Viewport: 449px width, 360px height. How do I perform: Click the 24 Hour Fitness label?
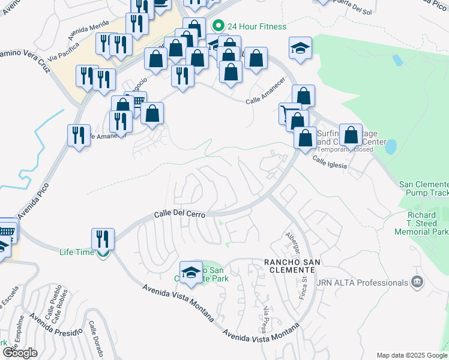(x=257, y=26)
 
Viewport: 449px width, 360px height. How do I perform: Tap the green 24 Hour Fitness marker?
(x=218, y=26)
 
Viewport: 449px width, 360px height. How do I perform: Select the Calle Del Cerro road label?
(x=179, y=214)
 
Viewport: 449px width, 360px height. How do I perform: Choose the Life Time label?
(x=77, y=252)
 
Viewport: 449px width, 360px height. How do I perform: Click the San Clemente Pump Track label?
(x=424, y=188)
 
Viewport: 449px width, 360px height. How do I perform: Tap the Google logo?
(x=20, y=353)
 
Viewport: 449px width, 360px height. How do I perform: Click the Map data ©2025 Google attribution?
(x=411, y=355)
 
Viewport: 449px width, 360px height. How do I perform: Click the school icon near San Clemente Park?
(x=190, y=272)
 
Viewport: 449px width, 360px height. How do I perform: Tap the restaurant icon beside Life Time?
(x=103, y=239)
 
